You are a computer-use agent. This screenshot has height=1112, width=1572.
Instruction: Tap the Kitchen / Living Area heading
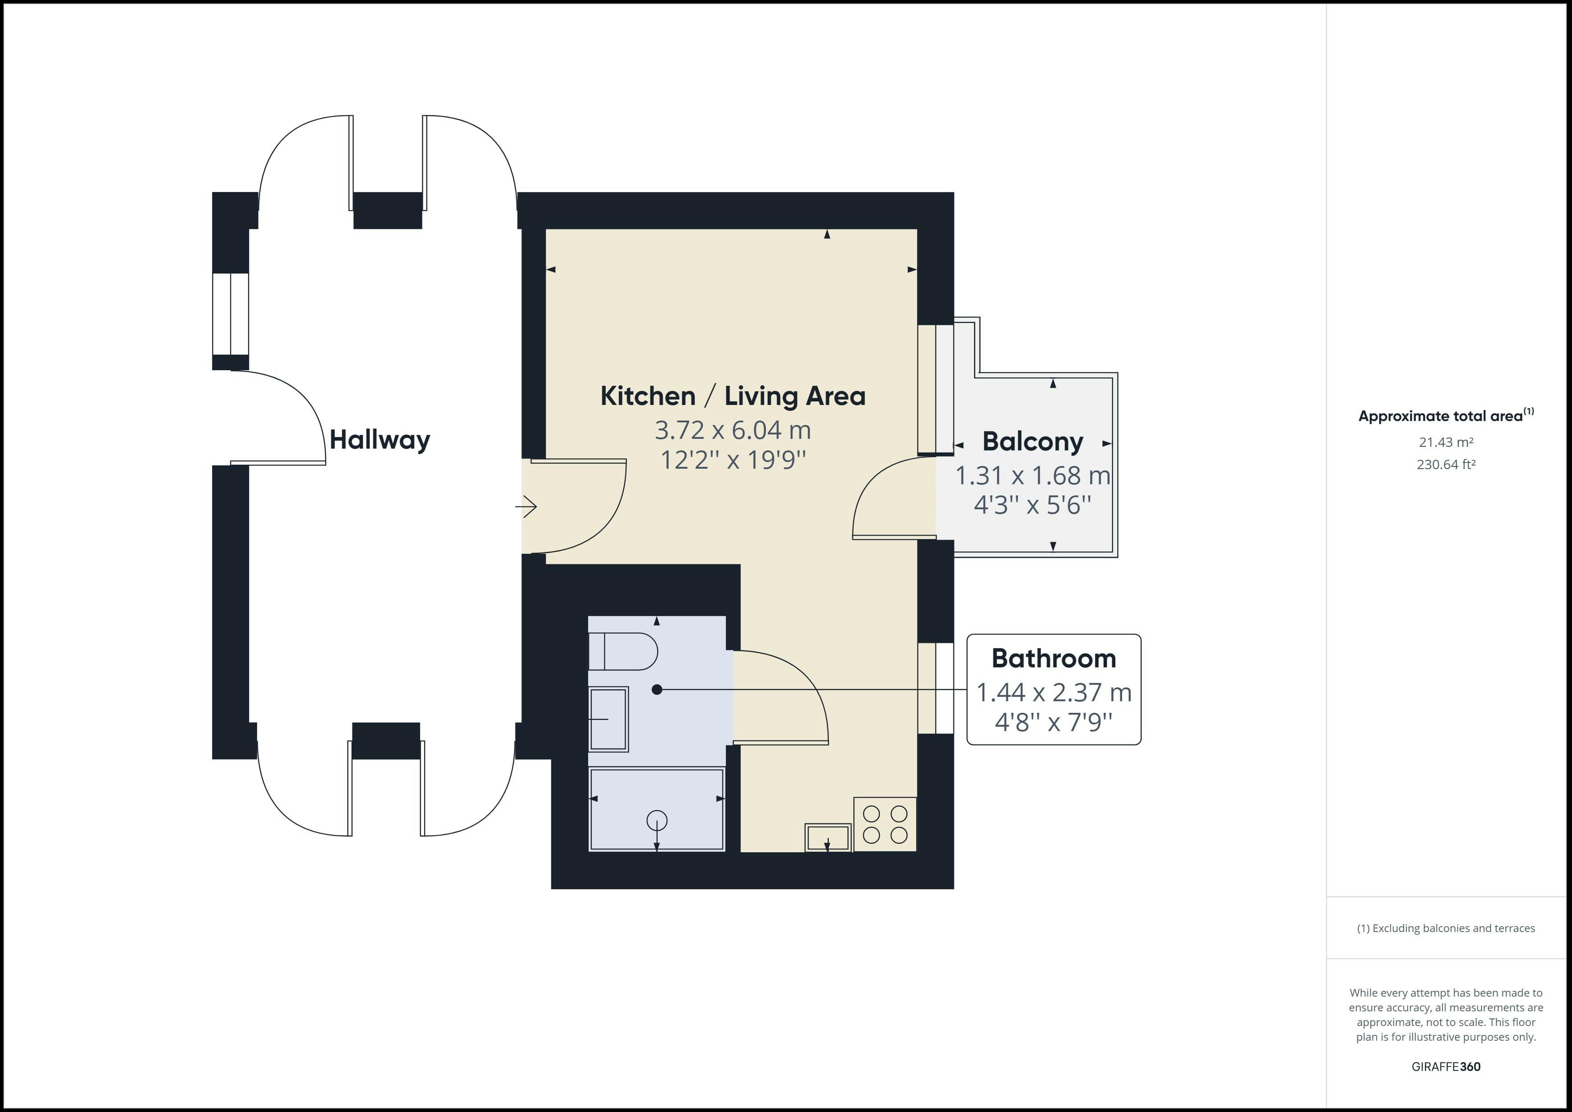click(733, 396)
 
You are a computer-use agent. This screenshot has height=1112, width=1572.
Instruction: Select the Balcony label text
click(1032, 442)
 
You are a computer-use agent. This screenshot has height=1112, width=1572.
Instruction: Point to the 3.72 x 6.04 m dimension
click(733, 430)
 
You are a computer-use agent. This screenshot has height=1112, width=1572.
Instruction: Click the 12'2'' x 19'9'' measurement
click(733, 459)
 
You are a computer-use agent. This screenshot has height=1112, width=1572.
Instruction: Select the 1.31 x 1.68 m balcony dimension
click(1032, 475)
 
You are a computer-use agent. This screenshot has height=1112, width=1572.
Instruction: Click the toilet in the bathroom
click(623, 651)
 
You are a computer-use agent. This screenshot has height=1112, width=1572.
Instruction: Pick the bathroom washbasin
click(608, 719)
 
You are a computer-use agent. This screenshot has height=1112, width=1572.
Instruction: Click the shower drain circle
click(657, 820)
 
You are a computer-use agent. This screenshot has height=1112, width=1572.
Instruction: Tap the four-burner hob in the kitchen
click(884, 824)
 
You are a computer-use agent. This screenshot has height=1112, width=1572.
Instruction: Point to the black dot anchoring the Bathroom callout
click(657, 690)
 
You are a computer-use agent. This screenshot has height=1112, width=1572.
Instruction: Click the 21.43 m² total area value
click(1446, 442)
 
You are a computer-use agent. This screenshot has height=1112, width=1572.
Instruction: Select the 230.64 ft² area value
click(1446, 464)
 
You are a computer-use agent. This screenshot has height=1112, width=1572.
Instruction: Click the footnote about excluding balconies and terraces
click(1446, 928)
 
